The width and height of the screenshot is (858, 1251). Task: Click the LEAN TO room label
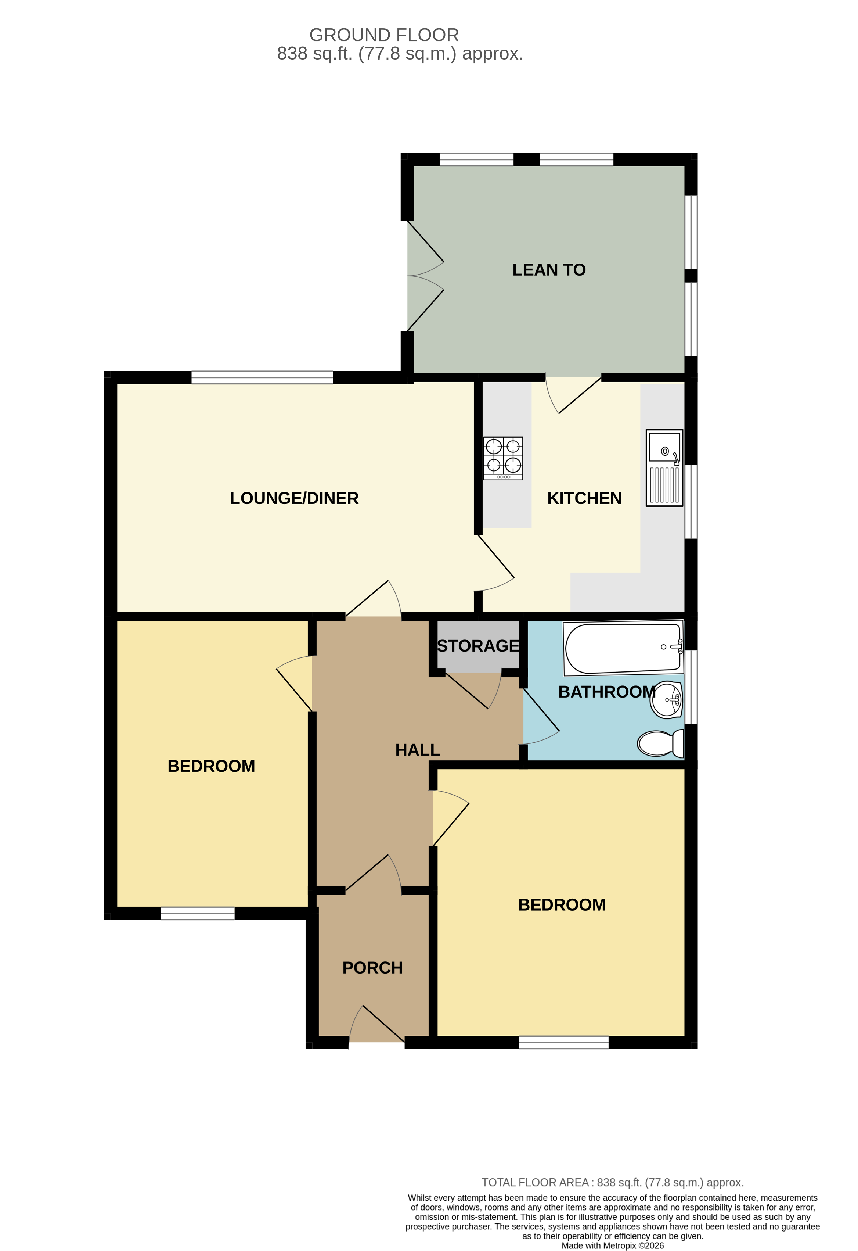(549, 270)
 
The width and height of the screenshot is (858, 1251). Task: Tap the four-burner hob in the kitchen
(503, 458)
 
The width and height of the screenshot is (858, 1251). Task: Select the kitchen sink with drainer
(664, 467)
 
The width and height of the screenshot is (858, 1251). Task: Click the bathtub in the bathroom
(623, 648)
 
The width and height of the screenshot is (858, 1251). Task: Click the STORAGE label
(478, 645)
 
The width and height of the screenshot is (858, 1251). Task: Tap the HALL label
(418, 750)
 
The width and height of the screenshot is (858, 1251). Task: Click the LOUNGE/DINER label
(294, 498)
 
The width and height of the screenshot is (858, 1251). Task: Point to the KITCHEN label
(584, 498)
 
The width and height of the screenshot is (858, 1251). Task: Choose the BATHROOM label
(607, 692)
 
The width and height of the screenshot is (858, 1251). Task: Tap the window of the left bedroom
(197, 913)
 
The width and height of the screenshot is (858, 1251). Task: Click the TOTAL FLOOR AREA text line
(612, 1183)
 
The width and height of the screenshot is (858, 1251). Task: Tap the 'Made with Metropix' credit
(612, 1245)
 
